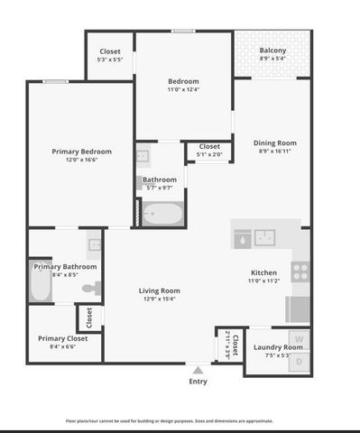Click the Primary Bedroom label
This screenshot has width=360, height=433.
(81, 151)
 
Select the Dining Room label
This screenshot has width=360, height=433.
(274, 142)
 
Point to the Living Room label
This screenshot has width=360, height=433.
(159, 290)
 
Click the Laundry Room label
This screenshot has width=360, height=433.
(277, 346)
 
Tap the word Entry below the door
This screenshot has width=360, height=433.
(198, 381)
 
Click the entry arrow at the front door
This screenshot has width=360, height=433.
(198, 369)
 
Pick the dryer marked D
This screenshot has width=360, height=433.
(300, 360)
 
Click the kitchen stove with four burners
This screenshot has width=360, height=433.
(301, 269)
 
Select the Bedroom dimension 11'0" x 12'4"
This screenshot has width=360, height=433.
(183, 89)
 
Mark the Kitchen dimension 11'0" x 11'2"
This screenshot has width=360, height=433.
(263, 281)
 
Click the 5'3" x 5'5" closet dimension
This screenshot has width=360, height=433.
(110, 60)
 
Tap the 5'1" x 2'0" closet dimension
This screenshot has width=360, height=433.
(209, 154)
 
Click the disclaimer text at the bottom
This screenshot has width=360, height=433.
(180, 420)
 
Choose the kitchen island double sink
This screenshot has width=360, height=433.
(265, 237)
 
